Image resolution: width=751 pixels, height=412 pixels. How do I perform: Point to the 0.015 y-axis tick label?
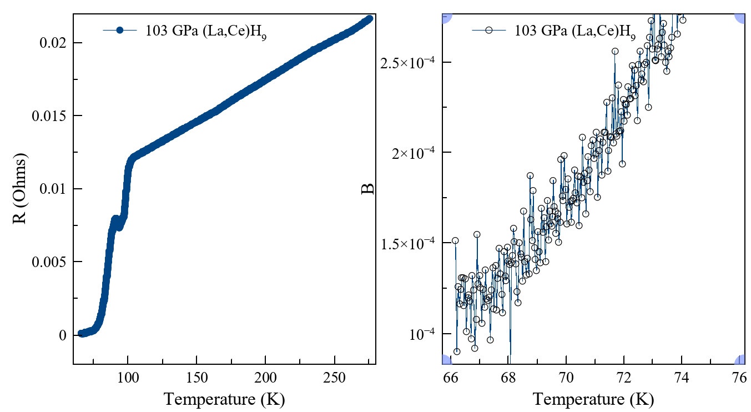click(x=51, y=116)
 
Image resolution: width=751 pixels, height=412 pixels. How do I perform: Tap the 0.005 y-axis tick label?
click(x=51, y=262)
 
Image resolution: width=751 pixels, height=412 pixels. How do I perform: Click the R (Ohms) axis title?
click(x=21, y=189)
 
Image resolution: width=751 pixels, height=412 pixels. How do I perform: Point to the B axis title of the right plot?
click(x=368, y=189)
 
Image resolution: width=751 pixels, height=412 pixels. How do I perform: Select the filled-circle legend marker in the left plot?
click(x=119, y=31)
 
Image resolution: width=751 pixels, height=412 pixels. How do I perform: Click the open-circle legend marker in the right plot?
click(x=488, y=31)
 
